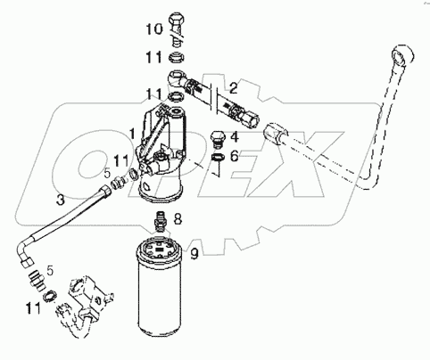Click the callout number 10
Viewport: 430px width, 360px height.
(x=153, y=29)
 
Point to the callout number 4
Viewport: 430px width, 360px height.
(x=233, y=137)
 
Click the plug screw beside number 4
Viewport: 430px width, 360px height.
(x=216, y=140)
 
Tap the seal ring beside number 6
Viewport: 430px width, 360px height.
(x=217, y=160)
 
